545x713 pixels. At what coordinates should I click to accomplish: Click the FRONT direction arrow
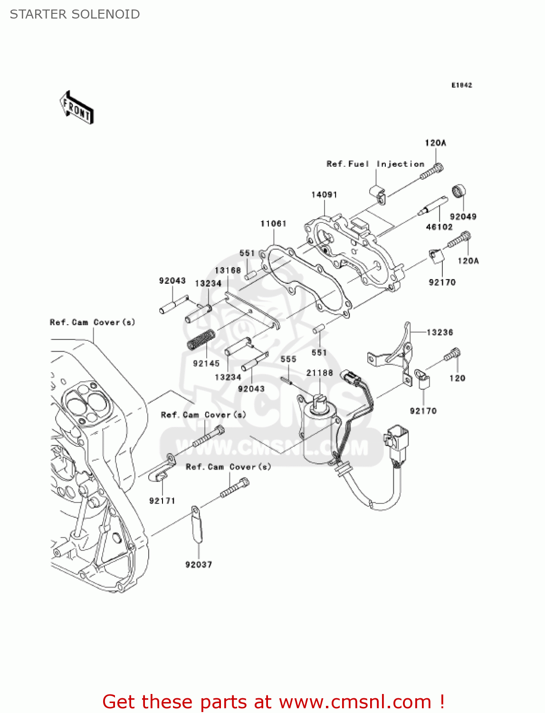click(x=76, y=108)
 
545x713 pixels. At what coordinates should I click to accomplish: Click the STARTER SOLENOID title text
click(x=75, y=14)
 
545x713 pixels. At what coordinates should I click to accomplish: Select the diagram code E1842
click(x=461, y=85)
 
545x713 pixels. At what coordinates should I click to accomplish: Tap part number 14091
click(x=324, y=195)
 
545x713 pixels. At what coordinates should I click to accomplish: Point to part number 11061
click(x=273, y=223)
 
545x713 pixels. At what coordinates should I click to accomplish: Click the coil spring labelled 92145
click(x=201, y=339)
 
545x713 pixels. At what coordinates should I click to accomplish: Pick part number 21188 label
click(x=319, y=373)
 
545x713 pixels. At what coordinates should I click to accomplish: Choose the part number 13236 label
click(x=440, y=332)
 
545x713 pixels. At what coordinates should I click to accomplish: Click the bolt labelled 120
click(x=453, y=354)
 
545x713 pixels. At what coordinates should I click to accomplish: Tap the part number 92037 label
click(x=199, y=565)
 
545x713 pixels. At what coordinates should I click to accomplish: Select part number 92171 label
click(x=162, y=501)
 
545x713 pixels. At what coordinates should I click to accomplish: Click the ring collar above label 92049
click(x=459, y=191)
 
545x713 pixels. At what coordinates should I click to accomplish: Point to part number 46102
click(x=439, y=227)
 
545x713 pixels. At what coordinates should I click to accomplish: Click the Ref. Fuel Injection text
click(x=375, y=164)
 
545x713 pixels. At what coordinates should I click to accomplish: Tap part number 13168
click(x=228, y=270)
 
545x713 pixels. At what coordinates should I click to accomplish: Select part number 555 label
click(x=288, y=359)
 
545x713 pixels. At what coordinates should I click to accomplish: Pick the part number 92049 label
click(x=463, y=217)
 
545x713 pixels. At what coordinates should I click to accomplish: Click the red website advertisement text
click(x=273, y=702)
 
